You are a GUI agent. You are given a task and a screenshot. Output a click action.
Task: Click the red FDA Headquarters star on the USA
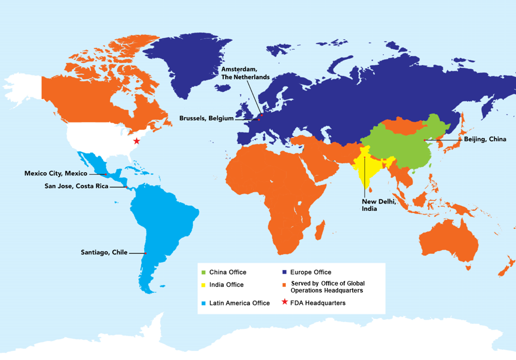coord(136,141)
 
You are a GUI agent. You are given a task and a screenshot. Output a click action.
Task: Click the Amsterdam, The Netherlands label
coord(245,73)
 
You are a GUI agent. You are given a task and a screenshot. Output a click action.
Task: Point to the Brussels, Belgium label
coord(206,118)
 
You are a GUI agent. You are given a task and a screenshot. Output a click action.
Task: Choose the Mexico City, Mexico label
coord(56,173)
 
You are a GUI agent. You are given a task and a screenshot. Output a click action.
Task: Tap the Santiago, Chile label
coord(104,252)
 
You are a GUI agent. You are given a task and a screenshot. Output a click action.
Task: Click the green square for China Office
coord(203,272)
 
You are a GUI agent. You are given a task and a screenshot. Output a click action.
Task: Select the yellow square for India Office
coord(203,285)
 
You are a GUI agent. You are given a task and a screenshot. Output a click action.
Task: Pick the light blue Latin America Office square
coord(203,303)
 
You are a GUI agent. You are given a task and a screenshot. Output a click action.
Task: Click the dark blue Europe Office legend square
coord(284,272)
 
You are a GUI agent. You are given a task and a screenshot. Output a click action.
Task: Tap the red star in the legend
coord(284,302)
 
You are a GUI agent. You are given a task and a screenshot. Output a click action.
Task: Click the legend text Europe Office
coord(310,272)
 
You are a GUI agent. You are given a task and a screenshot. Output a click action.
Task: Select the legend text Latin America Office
coord(240,303)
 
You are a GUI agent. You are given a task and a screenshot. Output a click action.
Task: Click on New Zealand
coord(506,267)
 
